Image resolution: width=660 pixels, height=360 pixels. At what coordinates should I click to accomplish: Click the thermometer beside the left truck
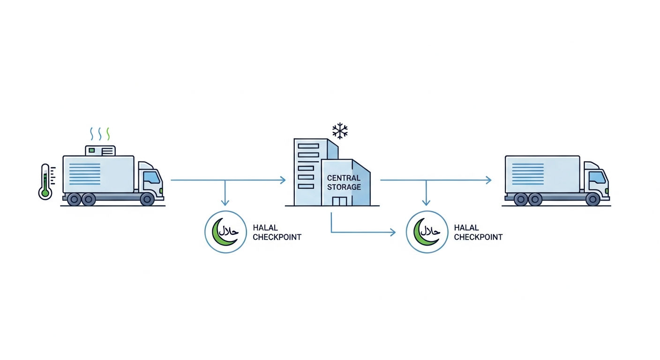tap(45, 182)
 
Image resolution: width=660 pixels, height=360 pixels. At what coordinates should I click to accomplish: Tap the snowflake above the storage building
tap(340, 131)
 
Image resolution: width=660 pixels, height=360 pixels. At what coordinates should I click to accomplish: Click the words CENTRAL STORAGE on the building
tap(344, 182)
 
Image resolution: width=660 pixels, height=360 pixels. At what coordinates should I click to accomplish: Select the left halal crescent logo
tap(225, 232)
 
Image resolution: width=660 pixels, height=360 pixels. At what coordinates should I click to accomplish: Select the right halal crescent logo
tap(427, 232)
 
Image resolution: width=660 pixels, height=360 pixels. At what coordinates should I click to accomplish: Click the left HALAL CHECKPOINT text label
tap(277, 232)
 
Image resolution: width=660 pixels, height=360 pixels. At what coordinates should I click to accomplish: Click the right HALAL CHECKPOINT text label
tap(478, 232)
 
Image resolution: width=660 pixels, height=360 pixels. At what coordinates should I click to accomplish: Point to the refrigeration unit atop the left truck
tap(100, 150)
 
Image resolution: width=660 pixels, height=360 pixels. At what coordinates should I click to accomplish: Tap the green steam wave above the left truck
tap(108, 134)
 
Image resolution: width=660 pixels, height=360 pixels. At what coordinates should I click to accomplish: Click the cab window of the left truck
tap(152, 177)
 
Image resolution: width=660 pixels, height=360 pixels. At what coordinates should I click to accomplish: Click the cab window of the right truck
tap(597, 177)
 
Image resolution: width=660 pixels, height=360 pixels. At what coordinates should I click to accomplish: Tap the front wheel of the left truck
tap(147, 199)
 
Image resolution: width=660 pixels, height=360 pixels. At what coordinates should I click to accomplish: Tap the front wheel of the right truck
tap(592, 199)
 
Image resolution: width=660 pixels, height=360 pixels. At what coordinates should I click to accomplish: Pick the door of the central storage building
tap(339, 201)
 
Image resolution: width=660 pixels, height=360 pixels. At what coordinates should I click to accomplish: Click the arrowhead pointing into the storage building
tap(283, 180)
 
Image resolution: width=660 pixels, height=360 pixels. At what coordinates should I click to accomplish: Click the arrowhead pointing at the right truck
tap(488, 180)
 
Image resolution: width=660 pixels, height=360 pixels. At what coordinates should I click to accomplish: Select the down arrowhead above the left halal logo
tap(225, 202)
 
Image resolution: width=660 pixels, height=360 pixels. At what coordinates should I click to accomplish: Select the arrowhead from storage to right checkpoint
tap(393, 232)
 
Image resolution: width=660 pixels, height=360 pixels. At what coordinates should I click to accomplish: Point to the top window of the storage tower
tap(308, 146)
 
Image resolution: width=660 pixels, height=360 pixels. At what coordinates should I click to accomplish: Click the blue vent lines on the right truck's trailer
tap(528, 174)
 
